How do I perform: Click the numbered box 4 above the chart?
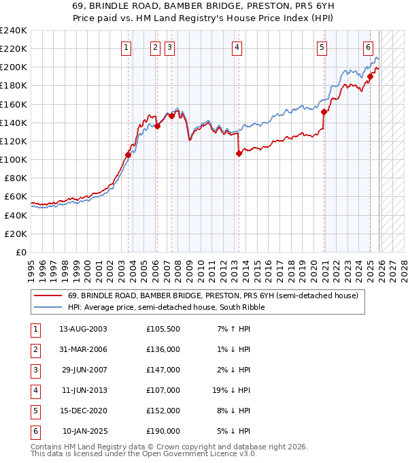[x=237, y=48]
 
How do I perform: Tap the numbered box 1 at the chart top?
[x=127, y=48]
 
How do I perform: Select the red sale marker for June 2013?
[x=239, y=154]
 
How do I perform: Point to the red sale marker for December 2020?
[x=324, y=112]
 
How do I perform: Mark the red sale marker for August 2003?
[x=128, y=155]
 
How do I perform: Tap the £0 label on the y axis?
[x=22, y=252]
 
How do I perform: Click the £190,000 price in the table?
[x=163, y=431]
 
